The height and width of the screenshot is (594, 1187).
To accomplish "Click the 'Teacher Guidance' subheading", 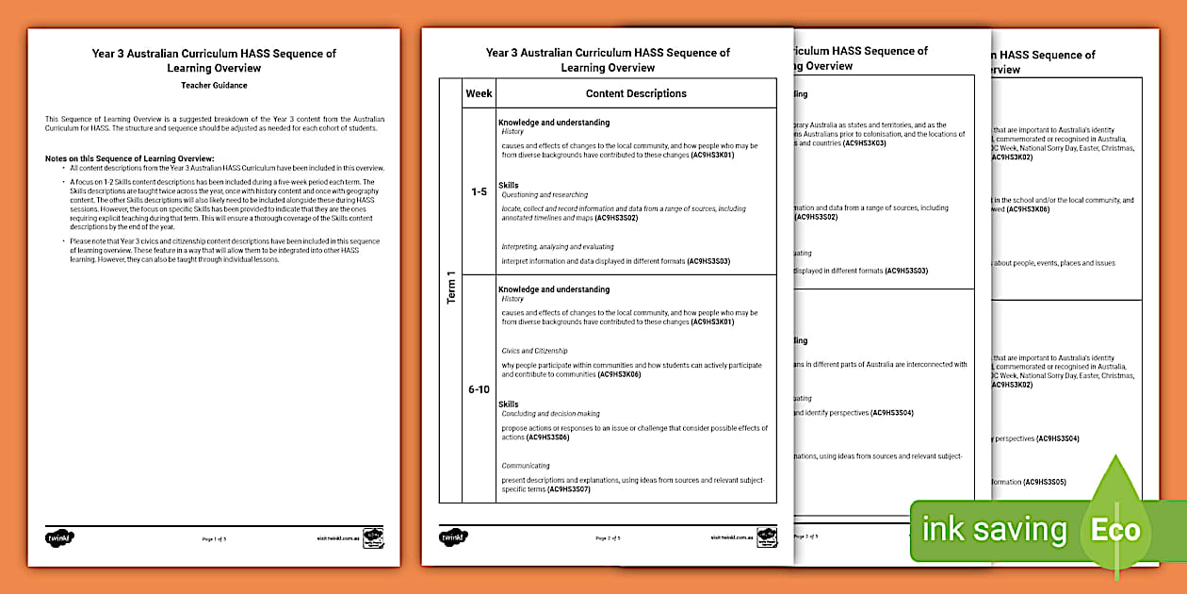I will (x=214, y=85).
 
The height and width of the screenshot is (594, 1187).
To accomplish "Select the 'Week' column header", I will (x=479, y=93).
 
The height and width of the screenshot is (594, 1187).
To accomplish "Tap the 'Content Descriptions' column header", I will (x=636, y=93).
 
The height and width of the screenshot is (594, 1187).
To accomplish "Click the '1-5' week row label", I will (x=479, y=191).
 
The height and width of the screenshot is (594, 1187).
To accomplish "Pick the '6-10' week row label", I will (x=479, y=388).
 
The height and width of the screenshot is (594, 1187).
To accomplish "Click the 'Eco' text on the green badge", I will (x=1115, y=530).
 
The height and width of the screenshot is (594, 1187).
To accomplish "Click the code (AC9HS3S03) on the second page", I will (x=708, y=260).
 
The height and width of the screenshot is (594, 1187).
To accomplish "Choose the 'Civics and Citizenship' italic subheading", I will (x=534, y=351).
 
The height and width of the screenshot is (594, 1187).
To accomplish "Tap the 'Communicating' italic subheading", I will (x=526, y=466).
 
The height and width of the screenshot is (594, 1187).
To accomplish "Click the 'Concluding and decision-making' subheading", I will (x=550, y=414).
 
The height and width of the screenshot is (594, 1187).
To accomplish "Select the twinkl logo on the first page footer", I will (x=59, y=537).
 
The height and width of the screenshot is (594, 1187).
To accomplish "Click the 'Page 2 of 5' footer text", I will (x=608, y=538).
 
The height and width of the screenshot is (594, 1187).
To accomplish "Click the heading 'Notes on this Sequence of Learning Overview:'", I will (x=129, y=158).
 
